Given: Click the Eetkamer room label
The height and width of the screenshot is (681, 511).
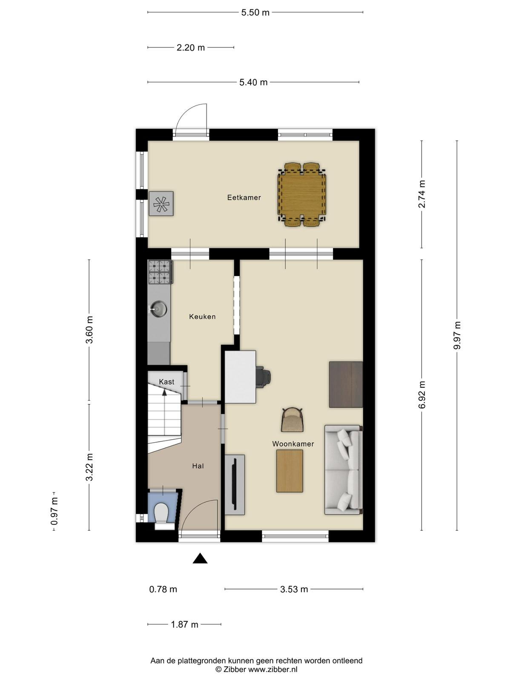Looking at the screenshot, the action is pyautogui.click(x=244, y=197).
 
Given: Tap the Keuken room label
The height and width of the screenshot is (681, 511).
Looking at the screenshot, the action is pyautogui.click(x=202, y=317).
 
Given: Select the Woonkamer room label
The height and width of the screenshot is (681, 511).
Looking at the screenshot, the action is pyautogui.click(x=293, y=444).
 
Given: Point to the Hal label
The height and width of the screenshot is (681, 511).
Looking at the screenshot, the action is pyautogui.click(x=198, y=466).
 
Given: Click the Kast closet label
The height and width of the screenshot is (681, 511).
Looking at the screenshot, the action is pyautogui.click(x=167, y=382).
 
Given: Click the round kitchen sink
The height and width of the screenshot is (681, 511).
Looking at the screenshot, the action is pyautogui.click(x=158, y=309).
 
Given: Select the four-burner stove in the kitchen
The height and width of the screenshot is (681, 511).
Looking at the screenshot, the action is pyautogui.click(x=160, y=272).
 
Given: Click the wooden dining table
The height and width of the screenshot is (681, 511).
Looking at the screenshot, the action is pyautogui.click(x=302, y=195).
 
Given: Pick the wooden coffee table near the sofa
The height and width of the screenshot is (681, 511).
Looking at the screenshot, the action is pyautogui.click(x=290, y=471).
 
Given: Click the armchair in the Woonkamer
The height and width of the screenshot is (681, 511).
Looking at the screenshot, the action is pyautogui.click(x=292, y=420).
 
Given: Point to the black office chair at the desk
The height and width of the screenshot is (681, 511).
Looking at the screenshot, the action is pyautogui.click(x=264, y=376).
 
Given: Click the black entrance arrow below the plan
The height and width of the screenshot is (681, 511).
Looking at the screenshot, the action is pyautogui.click(x=200, y=558).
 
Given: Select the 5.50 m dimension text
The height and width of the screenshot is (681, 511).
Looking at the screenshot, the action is pyautogui.click(x=255, y=13).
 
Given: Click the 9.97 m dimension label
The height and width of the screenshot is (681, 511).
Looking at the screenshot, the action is pyautogui.click(x=456, y=336).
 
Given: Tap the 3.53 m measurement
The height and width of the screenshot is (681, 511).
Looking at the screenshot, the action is pyautogui.click(x=294, y=589).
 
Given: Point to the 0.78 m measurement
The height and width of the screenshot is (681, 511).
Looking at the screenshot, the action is pyautogui.click(x=163, y=589).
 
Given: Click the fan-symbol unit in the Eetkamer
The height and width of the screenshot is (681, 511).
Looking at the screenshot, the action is pyautogui.click(x=161, y=203).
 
